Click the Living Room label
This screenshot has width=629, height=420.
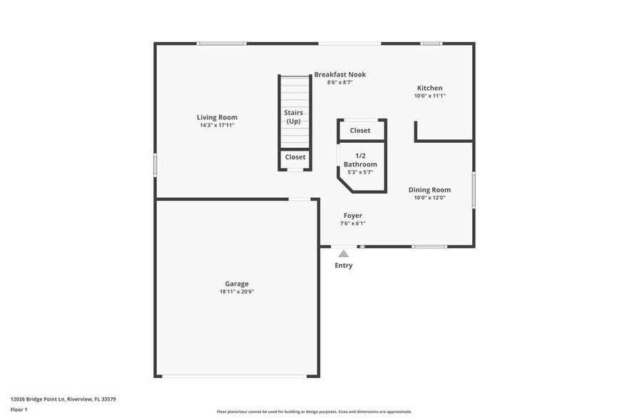pyautogui.click(x=217, y=117)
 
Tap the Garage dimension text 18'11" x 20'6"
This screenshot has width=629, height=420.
pyautogui.click(x=237, y=291)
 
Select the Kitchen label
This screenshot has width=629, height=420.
pyautogui.click(x=429, y=88)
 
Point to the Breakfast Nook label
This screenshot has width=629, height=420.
pyautogui.click(x=340, y=74)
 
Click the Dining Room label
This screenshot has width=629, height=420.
pyautogui.click(x=429, y=189)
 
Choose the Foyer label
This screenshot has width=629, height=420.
pyautogui.click(x=352, y=215)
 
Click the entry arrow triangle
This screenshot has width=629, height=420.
pyautogui.click(x=344, y=254)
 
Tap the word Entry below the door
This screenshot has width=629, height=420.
pyautogui.click(x=344, y=266)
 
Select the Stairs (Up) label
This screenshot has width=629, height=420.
pyautogui.click(x=294, y=117)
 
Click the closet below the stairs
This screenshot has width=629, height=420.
pyautogui.click(x=295, y=157)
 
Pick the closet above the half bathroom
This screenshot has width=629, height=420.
pyautogui.click(x=360, y=131)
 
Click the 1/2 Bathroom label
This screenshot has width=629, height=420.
pyautogui.click(x=360, y=160)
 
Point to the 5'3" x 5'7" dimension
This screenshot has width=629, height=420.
pyautogui.click(x=360, y=172)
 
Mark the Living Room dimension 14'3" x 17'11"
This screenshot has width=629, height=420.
pyautogui.click(x=217, y=126)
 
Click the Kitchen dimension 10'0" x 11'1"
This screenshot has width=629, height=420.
pyautogui.click(x=429, y=96)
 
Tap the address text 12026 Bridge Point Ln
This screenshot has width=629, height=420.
pyautogui.click(x=63, y=399)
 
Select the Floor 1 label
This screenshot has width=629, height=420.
pyautogui.click(x=19, y=410)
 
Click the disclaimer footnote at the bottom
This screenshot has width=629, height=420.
pyautogui.click(x=314, y=412)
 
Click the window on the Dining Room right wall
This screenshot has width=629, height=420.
pyautogui.click(x=473, y=189)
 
